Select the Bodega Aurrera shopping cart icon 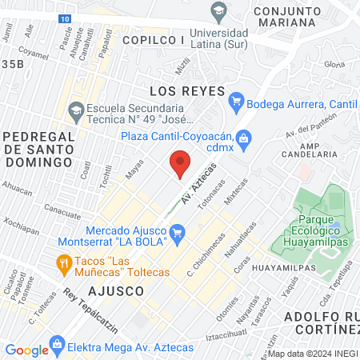235,102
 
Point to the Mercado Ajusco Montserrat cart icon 178,234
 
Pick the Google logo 26,350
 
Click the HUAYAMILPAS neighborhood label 289,269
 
